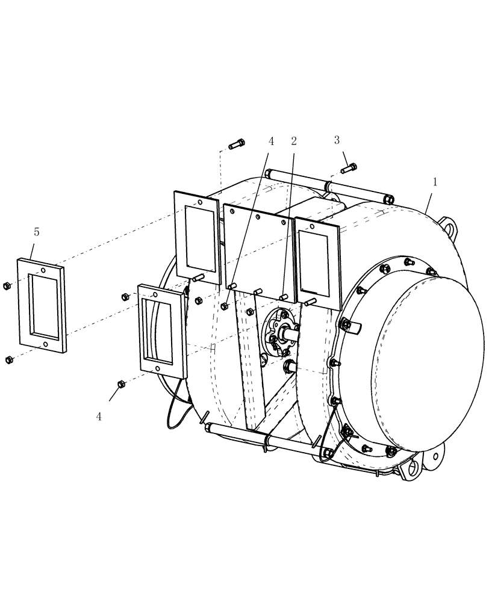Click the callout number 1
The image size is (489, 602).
(x=435, y=181)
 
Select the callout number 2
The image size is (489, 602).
(x=294, y=141)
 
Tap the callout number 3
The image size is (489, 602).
(x=337, y=140)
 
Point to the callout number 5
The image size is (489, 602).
(x=37, y=232)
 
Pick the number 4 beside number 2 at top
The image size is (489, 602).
(x=271, y=141)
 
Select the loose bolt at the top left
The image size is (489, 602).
(x=237, y=144)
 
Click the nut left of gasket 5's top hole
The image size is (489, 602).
(x=6, y=285)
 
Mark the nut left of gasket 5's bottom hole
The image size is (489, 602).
(x=8, y=359)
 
